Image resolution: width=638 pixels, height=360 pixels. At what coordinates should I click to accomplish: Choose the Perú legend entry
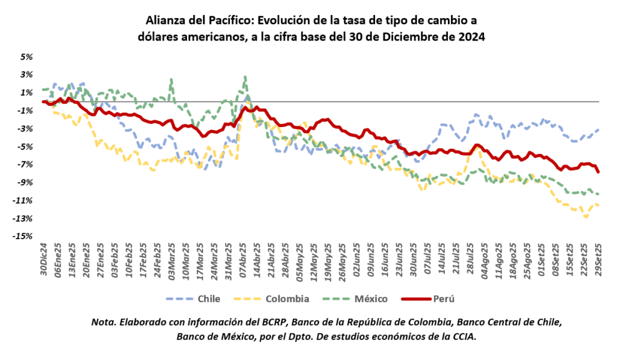coord(443,299)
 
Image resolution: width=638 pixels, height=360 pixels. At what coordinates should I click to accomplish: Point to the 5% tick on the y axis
coord(27,57)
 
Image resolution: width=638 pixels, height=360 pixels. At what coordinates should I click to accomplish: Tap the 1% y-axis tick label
coord(27,92)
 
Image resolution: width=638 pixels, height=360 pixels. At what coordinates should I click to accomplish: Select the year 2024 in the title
coord(471,37)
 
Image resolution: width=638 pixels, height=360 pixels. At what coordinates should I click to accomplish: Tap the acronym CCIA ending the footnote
coord(463,336)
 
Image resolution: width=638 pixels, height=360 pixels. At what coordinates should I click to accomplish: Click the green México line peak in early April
coord(245,77)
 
